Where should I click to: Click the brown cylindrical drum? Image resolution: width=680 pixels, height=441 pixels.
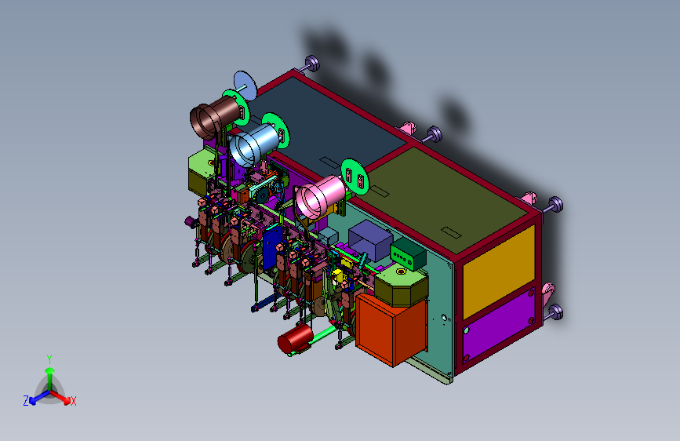(215, 117)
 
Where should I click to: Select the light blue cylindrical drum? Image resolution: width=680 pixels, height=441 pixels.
(253, 144)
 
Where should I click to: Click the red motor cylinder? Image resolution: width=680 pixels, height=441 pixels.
(295, 338)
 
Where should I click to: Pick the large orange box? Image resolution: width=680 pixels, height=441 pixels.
(391, 328)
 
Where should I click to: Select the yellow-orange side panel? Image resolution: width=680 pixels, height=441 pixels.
(499, 272)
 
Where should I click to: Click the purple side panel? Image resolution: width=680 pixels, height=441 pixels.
(499, 326)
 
